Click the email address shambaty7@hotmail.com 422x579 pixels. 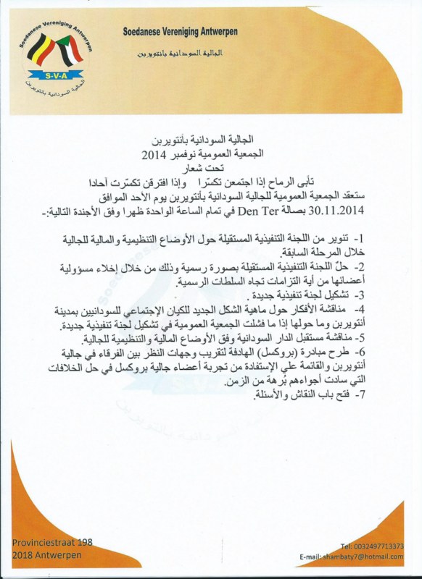tap(371, 556)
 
